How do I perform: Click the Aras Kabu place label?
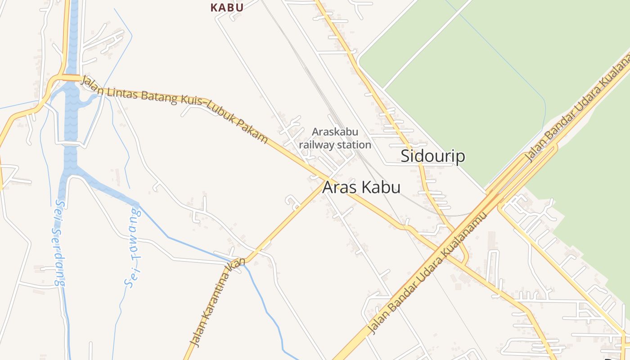[361, 187]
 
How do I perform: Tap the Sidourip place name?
[432, 156]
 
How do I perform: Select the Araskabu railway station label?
[335, 138]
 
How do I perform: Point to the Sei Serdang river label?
[58, 243]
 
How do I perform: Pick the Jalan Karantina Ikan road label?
[217, 302]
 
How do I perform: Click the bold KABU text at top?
[227, 7]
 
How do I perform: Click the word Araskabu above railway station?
[335, 132]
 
